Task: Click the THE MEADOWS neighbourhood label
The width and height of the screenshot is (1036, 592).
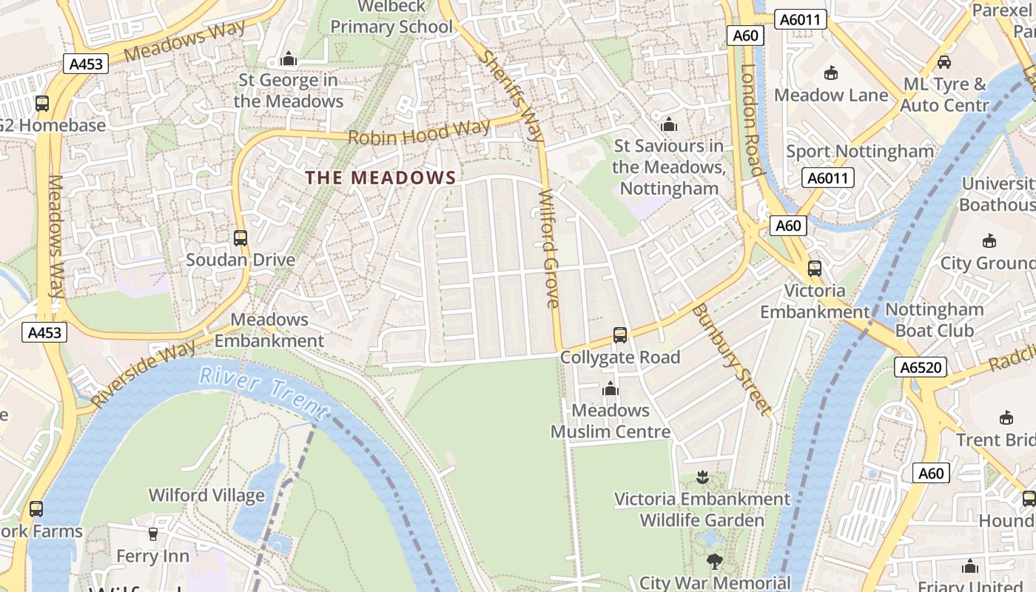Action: pos(381,178)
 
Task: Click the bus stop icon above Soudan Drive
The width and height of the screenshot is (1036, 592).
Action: pos(240,238)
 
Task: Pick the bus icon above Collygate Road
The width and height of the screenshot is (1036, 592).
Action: pos(620,335)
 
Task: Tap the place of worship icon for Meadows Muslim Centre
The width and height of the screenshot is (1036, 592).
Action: pos(610,388)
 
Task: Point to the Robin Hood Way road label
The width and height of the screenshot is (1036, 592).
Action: pos(419,132)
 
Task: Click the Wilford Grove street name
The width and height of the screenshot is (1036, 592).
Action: pos(549,249)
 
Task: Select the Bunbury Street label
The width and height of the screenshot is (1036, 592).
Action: pos(732,360)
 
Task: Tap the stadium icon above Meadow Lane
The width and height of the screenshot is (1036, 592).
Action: pos(831,73)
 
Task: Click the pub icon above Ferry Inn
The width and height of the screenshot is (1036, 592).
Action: pos(153,534)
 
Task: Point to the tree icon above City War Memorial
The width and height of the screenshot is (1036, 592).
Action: pos(714,562)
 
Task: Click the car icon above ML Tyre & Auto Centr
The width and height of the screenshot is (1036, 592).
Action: pos(943,62)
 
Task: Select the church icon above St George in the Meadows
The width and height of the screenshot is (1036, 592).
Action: pos(289,58)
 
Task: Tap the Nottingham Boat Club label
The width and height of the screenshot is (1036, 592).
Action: pos(934,320)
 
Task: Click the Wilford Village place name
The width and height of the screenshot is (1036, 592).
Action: pos(206,495)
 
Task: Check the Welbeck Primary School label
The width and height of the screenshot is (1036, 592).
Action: pos(391,17)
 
